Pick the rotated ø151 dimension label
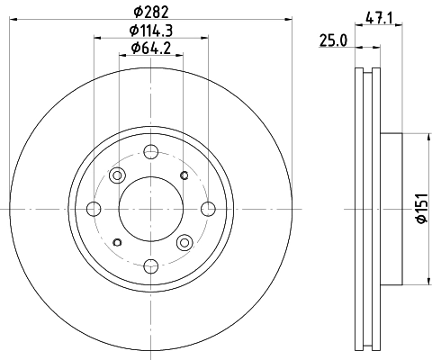point(419,211)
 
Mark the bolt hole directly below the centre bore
point(151,265)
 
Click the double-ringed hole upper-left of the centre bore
point(117,175)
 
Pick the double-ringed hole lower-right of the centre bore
point(185,241)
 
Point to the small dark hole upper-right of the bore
point(184,175)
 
